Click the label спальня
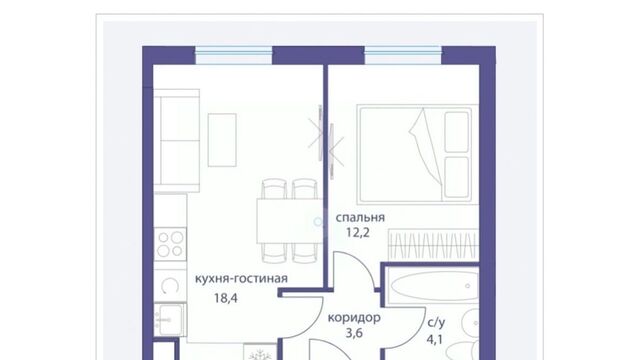coord(360,218)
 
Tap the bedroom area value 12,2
coord(358,233)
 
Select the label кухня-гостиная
coord(241,279)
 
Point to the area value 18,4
coord(226,298)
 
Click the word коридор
coord(354,318)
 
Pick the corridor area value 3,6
coord(354,333)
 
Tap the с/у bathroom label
coord(436,322)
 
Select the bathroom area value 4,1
coord(435,339)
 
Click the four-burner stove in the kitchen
coord(170,244)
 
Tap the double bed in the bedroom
coord(418,154)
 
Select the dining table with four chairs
coord(289,221)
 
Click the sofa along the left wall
coord(176,140)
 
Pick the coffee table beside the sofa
coord(222,140)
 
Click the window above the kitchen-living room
coord(233,56)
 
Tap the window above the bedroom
coord(403,56)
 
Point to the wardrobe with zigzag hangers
coord(433,244)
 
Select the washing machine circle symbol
coord(170,286)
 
